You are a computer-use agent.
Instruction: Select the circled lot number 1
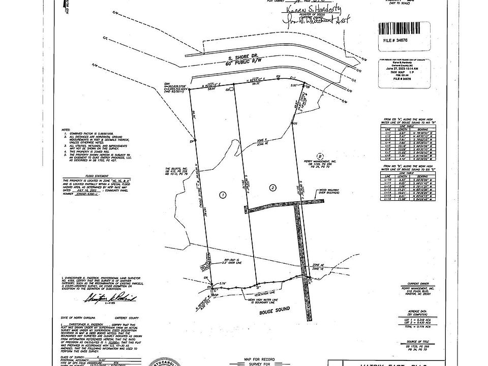point(222,195)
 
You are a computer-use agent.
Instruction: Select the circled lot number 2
point(273,188)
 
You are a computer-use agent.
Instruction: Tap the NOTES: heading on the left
point(66,130)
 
